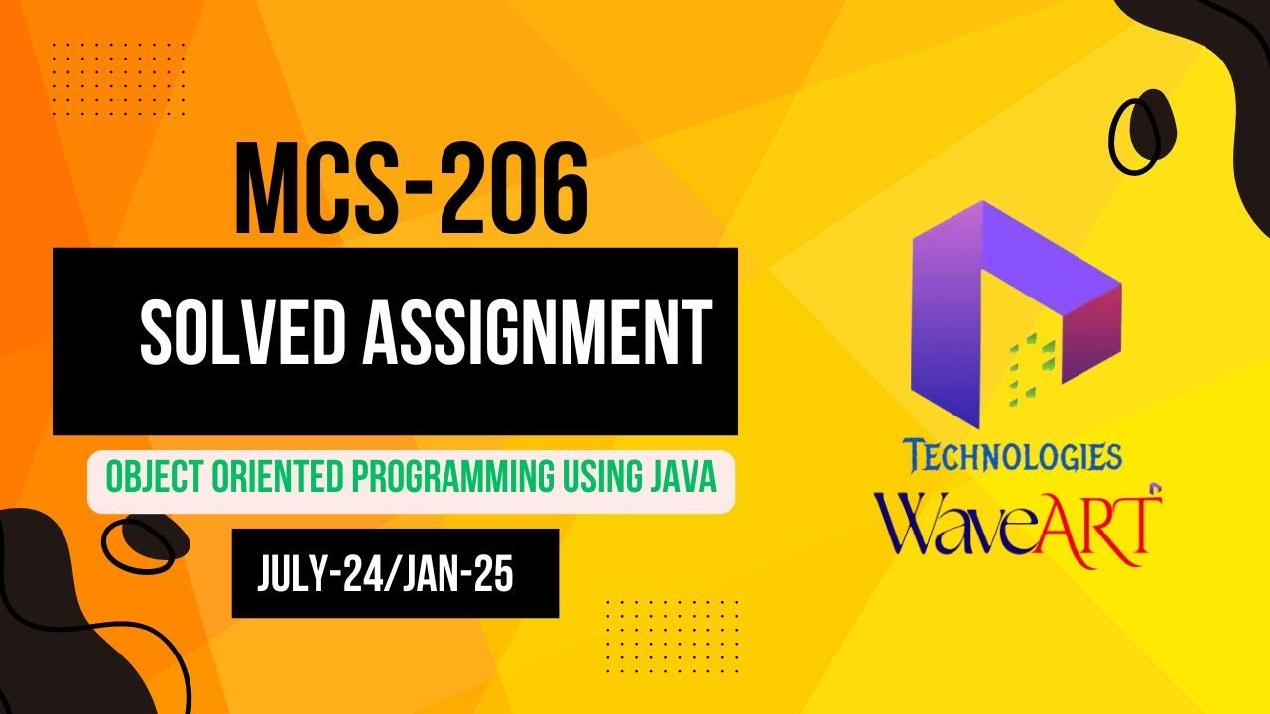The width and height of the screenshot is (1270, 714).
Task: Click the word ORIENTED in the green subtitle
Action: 261,480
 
